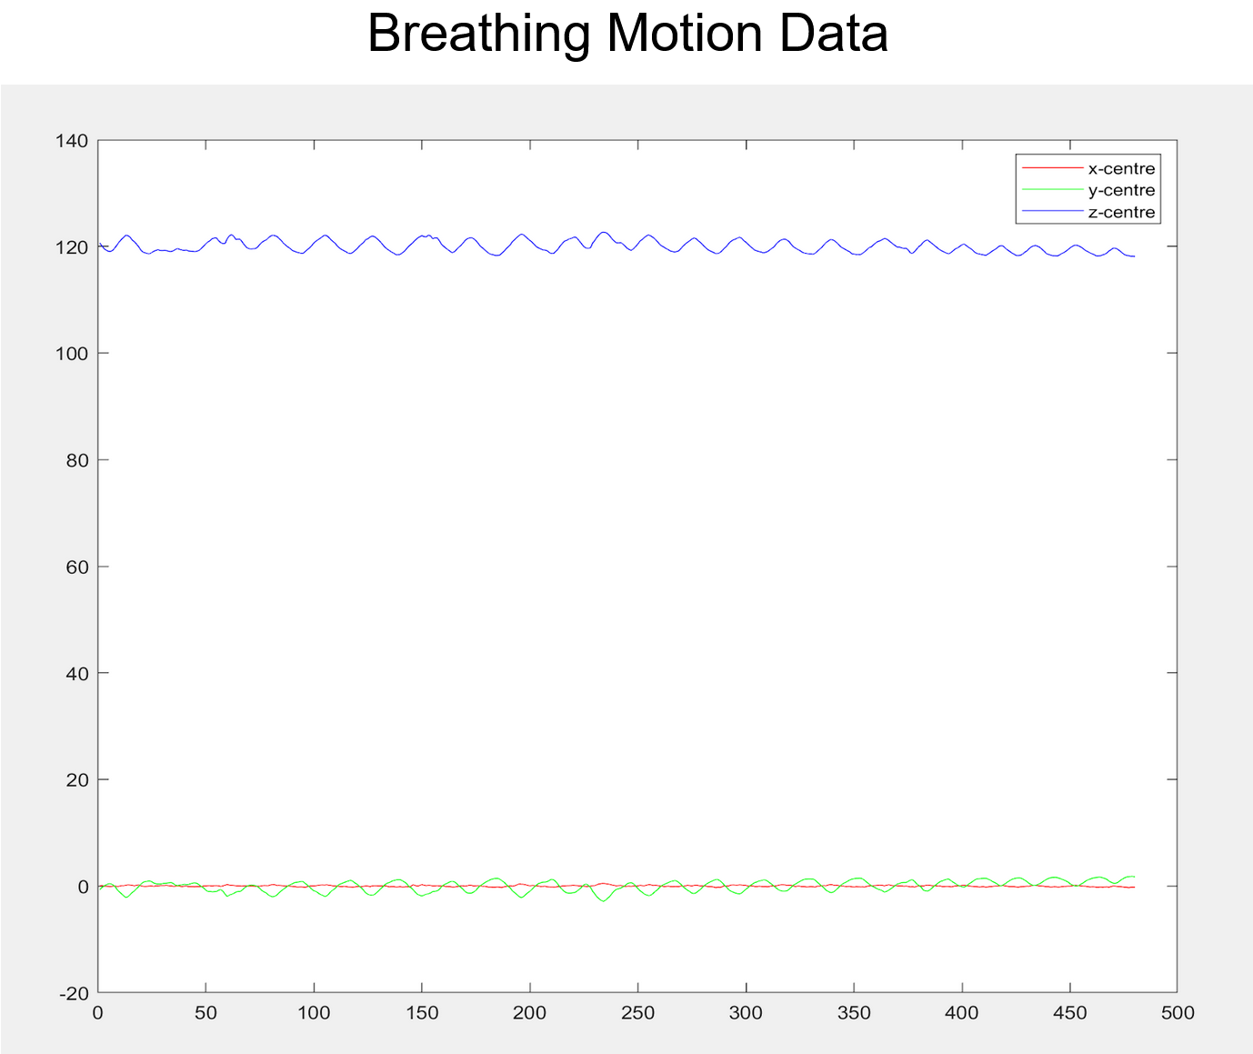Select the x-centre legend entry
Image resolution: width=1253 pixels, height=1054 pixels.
click(x=1120, y=168)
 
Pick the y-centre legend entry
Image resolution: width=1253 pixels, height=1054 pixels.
click(x=1120, y=190)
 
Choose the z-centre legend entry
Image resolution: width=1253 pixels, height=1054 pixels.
click(x=1120, y=213)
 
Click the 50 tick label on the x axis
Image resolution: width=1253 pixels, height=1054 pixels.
click(x=205, y=1013)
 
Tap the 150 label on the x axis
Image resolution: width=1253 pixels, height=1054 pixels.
click(x=421, y=1013)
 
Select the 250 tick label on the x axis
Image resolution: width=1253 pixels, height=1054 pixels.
click(x=637, y=1013)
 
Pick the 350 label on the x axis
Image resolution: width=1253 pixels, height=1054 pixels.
click(x=853, y=1013)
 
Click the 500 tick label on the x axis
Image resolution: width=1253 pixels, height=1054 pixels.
click(x=1177, y=1013)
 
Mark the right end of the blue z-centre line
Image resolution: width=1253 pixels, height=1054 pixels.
click(x=1134, y=256)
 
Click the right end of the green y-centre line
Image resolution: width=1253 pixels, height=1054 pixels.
click(x=1134, y=877)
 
